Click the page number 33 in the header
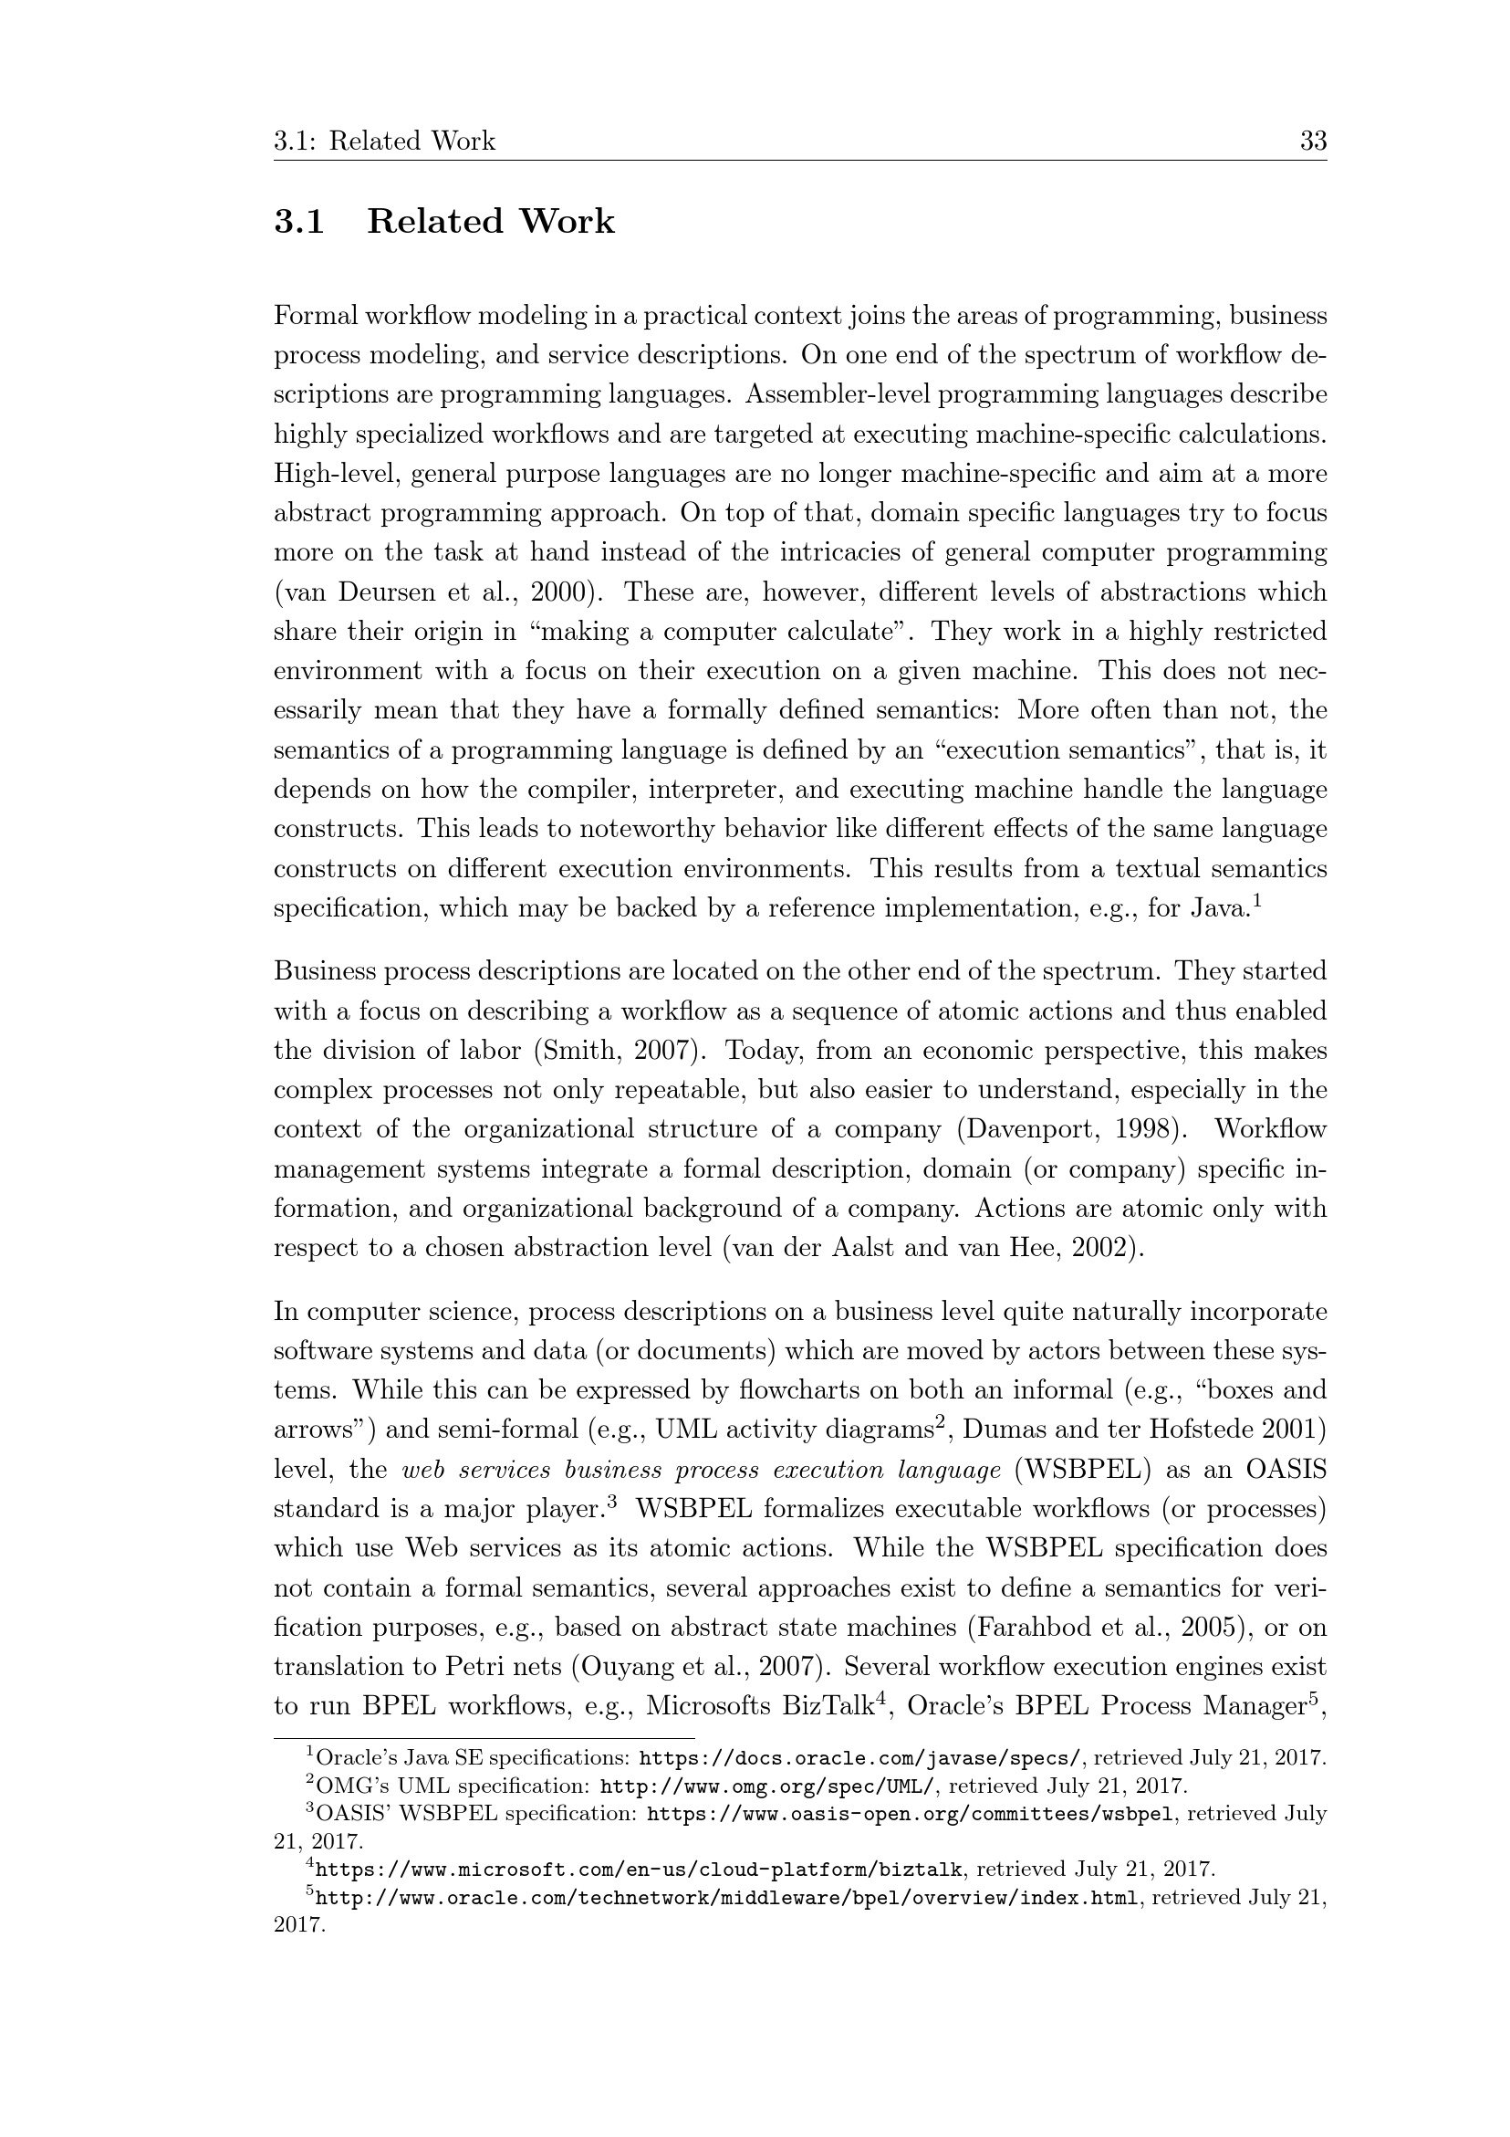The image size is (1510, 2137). pos(1313,141)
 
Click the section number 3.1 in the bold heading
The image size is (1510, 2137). pos(298,223)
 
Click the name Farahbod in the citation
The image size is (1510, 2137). pos(1031,1627)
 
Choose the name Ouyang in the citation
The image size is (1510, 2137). pos(628,1666)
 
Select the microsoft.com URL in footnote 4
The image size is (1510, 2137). pos(639,1869)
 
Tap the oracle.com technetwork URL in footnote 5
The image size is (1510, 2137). pos(726,1897)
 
